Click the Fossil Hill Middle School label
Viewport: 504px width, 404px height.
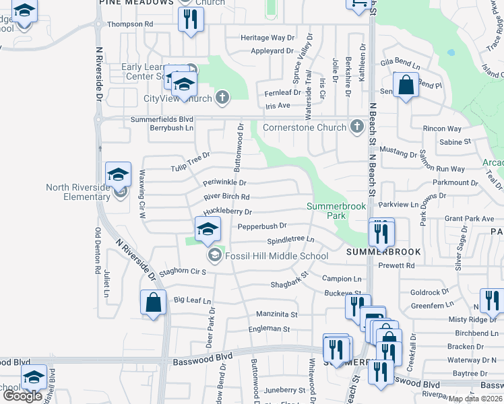[276, 256]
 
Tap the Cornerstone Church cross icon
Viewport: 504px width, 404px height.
[356, 127]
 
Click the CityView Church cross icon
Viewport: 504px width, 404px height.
[222, 98]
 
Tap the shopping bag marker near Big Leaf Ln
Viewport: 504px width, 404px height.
[153, 303]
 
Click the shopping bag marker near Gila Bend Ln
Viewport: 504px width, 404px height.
[406, 87]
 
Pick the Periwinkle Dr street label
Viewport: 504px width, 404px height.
[224, 182]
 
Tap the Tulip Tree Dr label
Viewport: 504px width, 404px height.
[191, 161]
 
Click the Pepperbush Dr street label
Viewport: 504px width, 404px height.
[262, 226]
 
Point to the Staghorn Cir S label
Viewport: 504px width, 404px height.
[179, 271]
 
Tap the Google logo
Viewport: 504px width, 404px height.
[22, 396]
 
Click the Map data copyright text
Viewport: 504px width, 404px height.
[474, 399]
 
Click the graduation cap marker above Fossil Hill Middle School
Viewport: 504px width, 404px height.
[208, 229]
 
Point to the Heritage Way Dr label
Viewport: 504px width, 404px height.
[269, 38]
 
